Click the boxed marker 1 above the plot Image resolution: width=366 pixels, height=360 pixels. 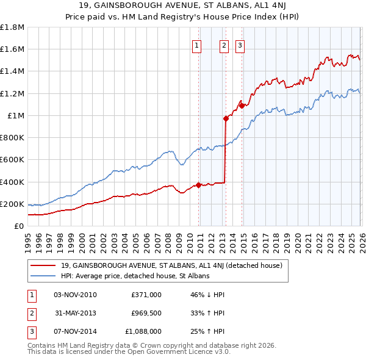(x=197, y=45)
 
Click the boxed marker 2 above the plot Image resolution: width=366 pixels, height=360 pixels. (x=224, y=45)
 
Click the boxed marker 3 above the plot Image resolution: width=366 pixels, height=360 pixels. (x=240, y=45)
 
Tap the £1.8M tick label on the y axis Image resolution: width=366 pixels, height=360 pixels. (x=12, y=27)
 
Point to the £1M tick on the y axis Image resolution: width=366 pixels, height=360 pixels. (x=15, y=116)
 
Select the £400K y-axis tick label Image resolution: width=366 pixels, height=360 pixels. (x=12, y=182)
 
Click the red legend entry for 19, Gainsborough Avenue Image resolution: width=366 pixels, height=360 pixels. (x=171, y=265)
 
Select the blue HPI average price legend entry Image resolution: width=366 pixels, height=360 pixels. (x=135, y=276)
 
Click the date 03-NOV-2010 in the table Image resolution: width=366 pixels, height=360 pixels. (x=75, y=295)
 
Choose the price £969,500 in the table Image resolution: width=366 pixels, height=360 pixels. (x=146, y=313)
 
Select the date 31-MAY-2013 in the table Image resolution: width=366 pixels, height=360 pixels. (x=75, y=313)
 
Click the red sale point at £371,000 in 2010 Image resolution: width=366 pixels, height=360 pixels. (x=199, y=185)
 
